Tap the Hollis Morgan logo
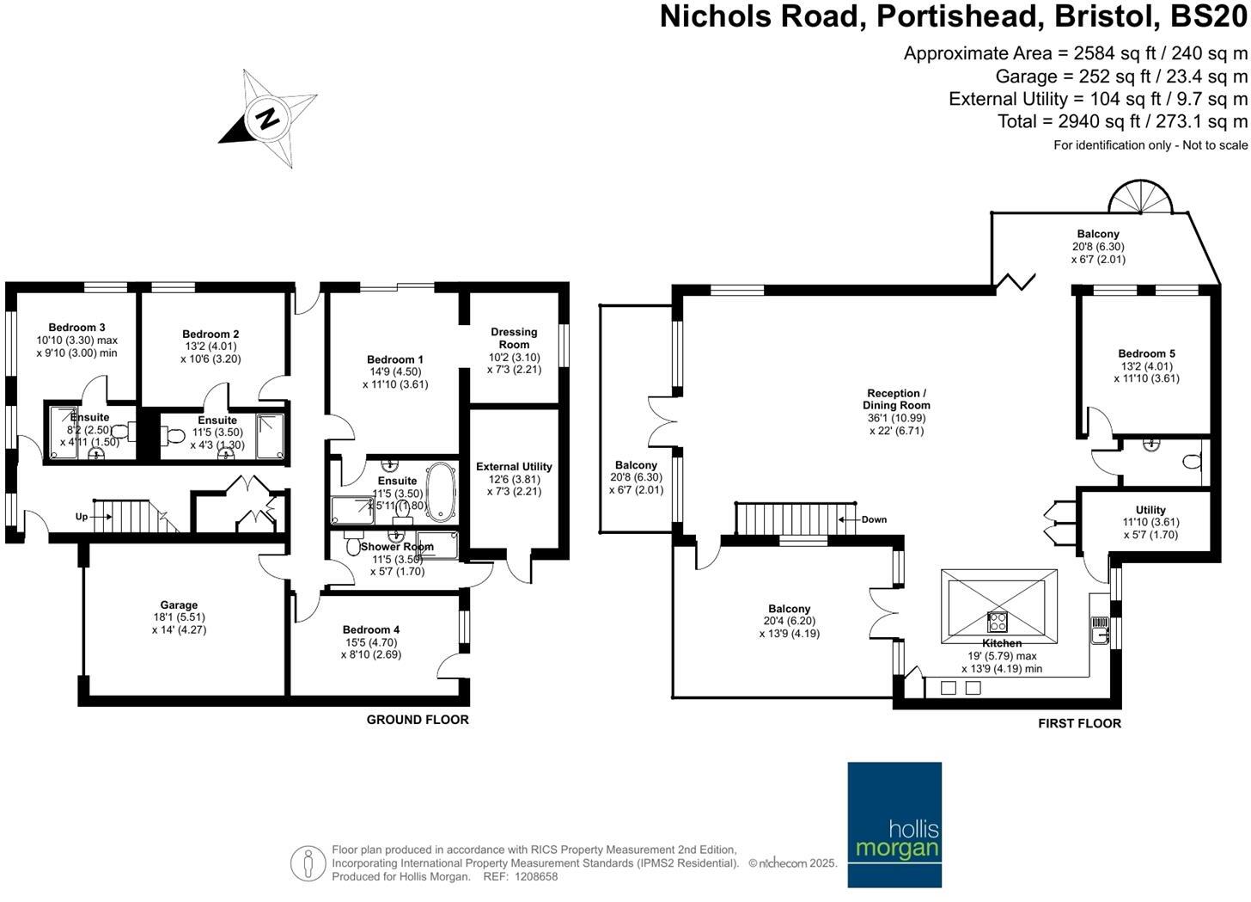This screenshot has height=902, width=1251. click(x=894, y=824)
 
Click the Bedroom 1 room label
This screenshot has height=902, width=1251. click(x=395, y=359)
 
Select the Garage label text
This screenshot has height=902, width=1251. click(x=179, y=605)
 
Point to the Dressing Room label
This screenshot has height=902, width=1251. click(x=514, y=338)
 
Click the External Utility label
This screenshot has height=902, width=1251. click(x=514, y=467)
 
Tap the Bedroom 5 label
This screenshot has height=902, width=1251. click(x=1146, y=353)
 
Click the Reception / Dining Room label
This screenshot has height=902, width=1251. click(x=896, y=399)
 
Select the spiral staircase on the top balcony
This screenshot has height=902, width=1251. click(x=1141, y=197)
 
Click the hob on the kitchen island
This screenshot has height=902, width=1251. click(x=998, y=620)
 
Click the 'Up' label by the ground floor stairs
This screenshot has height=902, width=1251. click(x=82, y=517)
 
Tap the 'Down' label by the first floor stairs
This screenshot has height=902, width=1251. click(x=874, y=519)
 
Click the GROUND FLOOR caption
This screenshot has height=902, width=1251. click(x=418, y=720)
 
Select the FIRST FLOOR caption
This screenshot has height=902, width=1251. click(x=1079, y=723)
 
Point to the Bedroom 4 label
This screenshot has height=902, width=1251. click(x=371, y=629)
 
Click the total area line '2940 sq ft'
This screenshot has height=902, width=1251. click(x=1122, y=121)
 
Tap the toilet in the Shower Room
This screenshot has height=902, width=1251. click(x=352, y=545)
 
